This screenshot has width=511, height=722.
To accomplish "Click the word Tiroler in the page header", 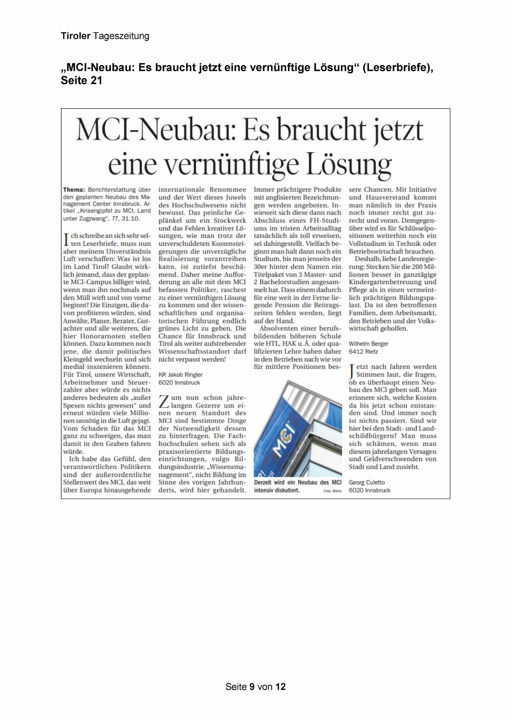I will click(x=75, y=36).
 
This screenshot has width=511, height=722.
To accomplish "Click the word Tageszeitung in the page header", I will click(x=121, y=36).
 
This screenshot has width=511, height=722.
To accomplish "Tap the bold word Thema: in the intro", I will click(x=74, y=190).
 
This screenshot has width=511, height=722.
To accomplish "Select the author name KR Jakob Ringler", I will click(x=180, y=375).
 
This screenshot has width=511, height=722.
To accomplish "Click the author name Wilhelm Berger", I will click(x=369, y=344).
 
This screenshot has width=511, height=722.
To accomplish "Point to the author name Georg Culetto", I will click(x=367, y=482).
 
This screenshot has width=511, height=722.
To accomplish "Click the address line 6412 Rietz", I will click(x=363, y=352).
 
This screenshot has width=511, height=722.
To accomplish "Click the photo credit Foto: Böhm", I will click(x=333, y=491).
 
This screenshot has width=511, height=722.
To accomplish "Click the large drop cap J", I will click(x=352, y=371).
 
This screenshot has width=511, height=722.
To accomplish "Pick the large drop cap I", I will click(x=66, y=240).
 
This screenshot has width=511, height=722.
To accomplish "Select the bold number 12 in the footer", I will click(x=280, y=687).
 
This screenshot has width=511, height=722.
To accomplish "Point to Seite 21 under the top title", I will click(x=81, y=80).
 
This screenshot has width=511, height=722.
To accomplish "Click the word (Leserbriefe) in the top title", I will click(x=398, y=68).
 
